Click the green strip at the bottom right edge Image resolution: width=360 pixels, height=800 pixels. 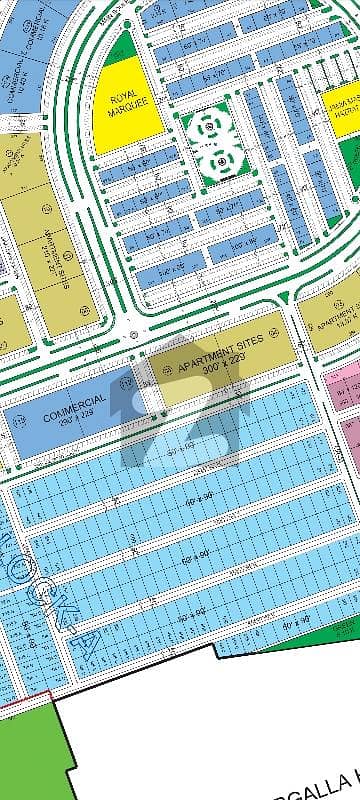345,629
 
